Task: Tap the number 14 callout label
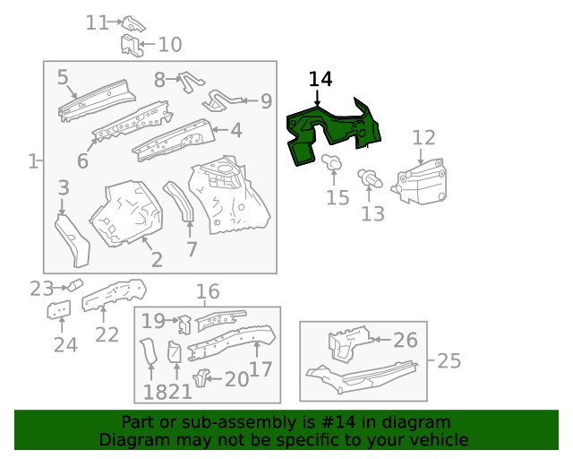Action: [x=320, y=80]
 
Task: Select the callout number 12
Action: [x=423, y=137]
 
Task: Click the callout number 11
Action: [x=97, y=22]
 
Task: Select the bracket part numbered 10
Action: [x=131, y=44]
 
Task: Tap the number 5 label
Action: [x=63, y=77]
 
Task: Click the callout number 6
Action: [x=82, y=161]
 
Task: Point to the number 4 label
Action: [x=236, y=131]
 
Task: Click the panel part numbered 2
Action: [x=129, y=213]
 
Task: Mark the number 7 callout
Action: [x=192, y=249]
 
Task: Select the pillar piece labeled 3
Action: [x=73, y=238]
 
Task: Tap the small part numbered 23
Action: [x=74, y=286]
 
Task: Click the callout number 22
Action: [x=107, y=334]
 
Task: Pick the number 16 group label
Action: [x=207, y=291]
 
